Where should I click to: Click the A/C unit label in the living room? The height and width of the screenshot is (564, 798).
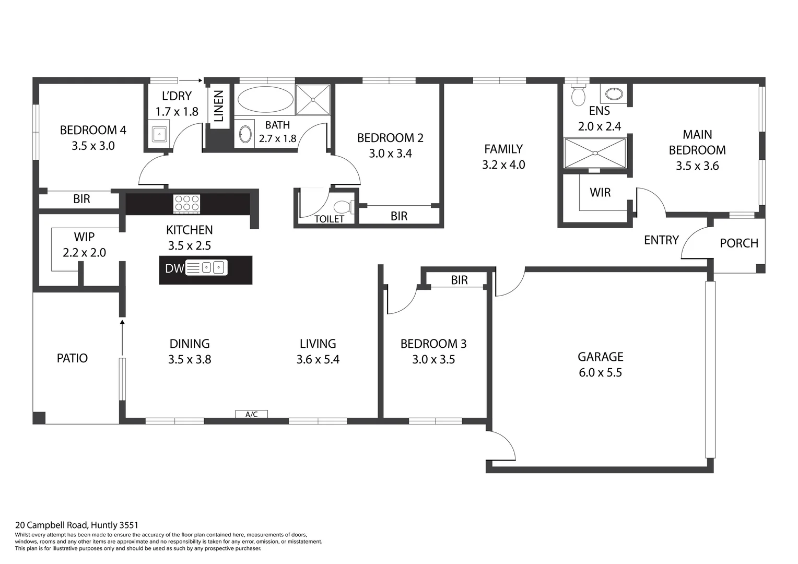tap(251, 414)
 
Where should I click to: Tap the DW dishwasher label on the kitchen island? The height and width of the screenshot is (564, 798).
tap(174, 268)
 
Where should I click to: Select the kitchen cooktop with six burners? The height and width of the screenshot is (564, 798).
tap(186, 203)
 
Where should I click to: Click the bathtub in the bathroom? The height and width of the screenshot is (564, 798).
tap(264, 99)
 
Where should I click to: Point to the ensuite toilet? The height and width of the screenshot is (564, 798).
tap(578, 95)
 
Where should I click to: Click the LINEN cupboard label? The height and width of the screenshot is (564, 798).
tap(219, 105)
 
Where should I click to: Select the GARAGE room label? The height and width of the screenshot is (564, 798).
tap(600, 357)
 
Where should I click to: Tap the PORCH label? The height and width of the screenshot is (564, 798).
tap(738, 243)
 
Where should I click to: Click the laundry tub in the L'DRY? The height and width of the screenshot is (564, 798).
tap(159, 134)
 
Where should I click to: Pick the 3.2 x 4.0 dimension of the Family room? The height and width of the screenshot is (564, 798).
tap(503, 165)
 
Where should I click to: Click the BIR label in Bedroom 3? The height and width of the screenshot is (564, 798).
tap(459, 280)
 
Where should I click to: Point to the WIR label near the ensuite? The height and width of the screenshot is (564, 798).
tap(600, 193)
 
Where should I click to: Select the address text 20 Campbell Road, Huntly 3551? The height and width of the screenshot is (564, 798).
tap(77, 525)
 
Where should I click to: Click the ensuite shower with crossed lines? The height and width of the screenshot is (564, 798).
tap(595, 153)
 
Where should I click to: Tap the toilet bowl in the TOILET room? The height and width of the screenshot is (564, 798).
tap(343, 207)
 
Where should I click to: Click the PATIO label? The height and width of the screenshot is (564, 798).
tap(72, 358)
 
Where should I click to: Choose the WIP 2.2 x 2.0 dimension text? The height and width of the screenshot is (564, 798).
tap(84, 253)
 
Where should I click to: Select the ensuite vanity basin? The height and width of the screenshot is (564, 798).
tap(614, 95)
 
